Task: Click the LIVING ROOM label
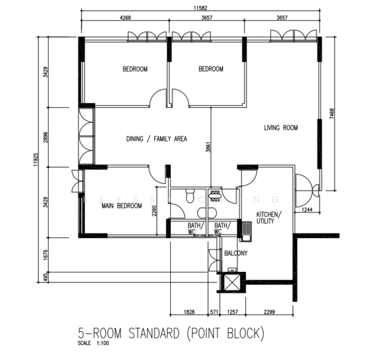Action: [281, 128]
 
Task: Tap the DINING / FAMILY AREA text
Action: [156, 139]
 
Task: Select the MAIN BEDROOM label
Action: [121, 206]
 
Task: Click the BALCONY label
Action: [236, 253]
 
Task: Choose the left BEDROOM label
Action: [135, 69]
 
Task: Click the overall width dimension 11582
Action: [201, 9]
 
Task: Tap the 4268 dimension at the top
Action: [125, 19]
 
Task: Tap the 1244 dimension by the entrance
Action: [307, 209]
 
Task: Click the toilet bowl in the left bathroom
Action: [189, 195]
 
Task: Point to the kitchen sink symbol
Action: [246, 228]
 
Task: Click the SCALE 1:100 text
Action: [93, 344]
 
